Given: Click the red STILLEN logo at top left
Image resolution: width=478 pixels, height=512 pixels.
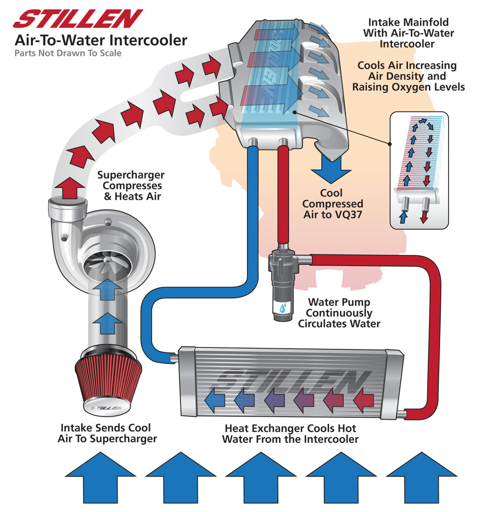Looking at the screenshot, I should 77,19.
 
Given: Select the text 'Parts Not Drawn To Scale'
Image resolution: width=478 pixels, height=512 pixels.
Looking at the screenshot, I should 68,53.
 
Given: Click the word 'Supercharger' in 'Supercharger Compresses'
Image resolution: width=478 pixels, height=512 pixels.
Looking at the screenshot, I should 131,175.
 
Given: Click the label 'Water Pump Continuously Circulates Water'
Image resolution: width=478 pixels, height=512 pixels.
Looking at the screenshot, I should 339,313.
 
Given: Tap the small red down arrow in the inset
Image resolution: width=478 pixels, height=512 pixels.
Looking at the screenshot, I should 423,217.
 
